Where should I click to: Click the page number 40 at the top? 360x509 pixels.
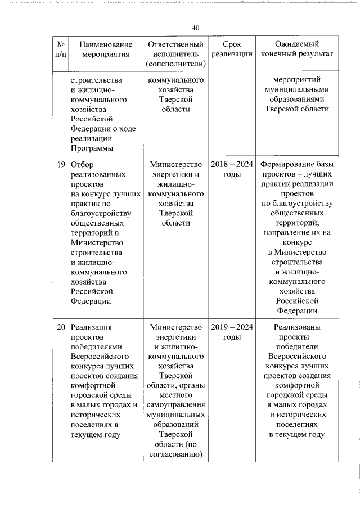(196, 28)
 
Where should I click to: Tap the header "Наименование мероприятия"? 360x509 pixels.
(106, 49)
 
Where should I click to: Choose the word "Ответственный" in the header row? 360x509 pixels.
(174, 44)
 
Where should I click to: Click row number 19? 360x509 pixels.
(61, 165)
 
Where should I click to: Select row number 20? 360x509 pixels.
(61, 327)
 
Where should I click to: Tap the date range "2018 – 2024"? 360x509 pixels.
(232, 165)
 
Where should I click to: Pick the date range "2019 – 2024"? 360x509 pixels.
(232, 327)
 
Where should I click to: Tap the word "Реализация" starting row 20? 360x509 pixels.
(92, 327)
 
